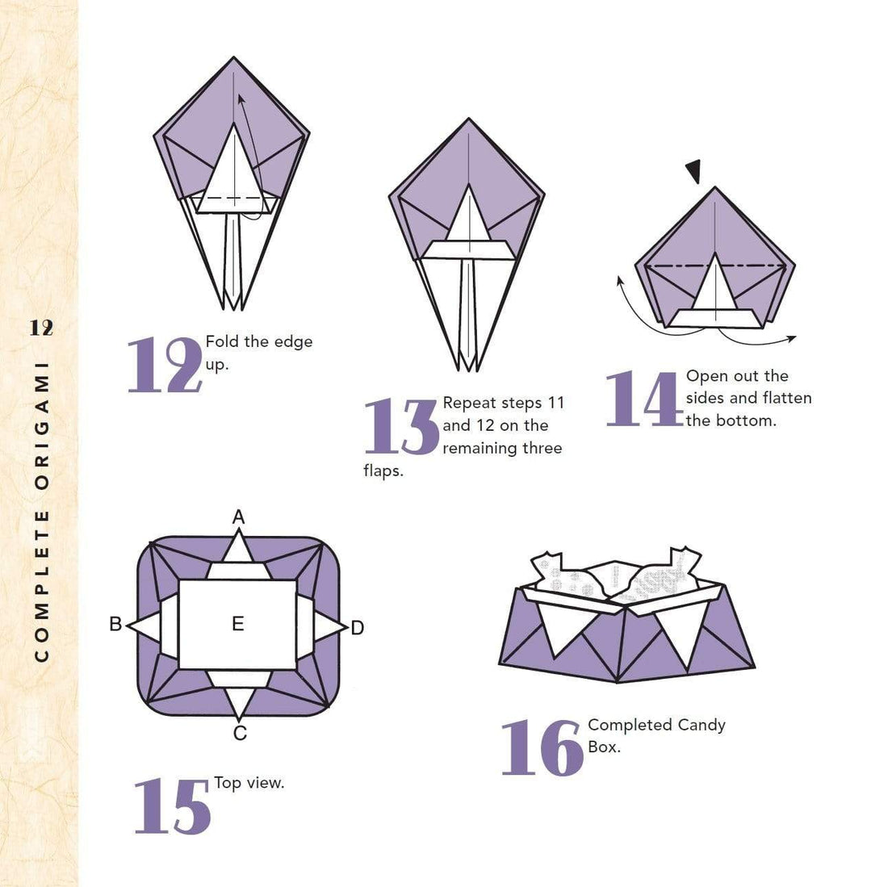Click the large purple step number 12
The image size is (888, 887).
click(x=165, y=366)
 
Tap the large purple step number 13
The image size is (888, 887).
click(x=401, y=426)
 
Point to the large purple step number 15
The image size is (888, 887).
click(x=172, y=806)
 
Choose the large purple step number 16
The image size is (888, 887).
click(x=542, y=748)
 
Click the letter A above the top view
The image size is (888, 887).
click(x=238, y=517)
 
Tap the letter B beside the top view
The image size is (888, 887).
click(x=115, y=624)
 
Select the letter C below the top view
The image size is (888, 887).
click(x=240, y=734)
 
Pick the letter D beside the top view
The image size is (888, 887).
click(x=358, y=627)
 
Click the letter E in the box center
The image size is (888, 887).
click(x=237, y=624)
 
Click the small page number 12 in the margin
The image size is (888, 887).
click(x=41, y=328)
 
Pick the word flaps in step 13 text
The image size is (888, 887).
click(x=383, y=471)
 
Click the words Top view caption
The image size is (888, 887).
click(x=249, y=783)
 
